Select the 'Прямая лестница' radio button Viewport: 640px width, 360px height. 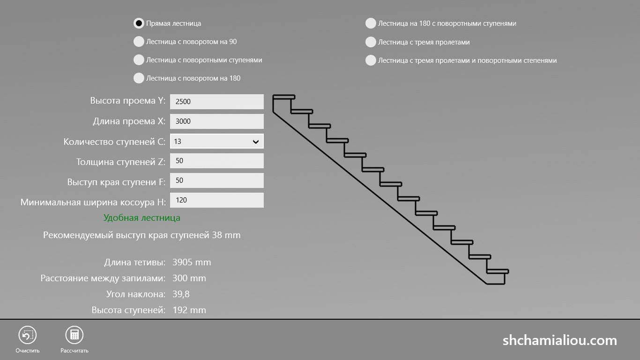(x=139, y=23)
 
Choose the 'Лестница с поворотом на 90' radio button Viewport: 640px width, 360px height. (x=139, y=41)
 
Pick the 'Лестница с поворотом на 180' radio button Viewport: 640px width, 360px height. (x=139, y=78)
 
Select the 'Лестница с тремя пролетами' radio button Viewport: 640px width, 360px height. (x=371, y=42)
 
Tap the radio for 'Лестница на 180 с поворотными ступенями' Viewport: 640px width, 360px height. (x=371, y=23)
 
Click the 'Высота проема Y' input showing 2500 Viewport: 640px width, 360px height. (x=217, y=102)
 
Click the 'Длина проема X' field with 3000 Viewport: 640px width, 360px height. (x=217, y=121)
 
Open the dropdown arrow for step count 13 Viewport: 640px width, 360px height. (x=256, y=142)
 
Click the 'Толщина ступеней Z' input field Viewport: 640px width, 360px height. (x=217, y=161)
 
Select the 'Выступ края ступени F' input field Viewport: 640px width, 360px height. (x=217, y=180)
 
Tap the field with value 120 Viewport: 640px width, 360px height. (x=217, y=200)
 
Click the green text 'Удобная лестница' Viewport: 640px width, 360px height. (x=141, y=218)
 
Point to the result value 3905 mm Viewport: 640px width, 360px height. (x=192, y=262)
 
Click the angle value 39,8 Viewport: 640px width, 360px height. (x=181, y=294)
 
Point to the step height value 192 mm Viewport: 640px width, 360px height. (x=189, y=310)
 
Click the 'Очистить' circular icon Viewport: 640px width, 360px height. (x=28, y=335)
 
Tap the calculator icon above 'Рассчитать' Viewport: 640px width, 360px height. (x=74, y=335)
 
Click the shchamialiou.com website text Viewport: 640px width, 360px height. (x=560, y=340)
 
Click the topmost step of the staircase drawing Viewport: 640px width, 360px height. (x=284, y=97)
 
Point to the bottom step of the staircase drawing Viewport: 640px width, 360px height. (x=498, y=271)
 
